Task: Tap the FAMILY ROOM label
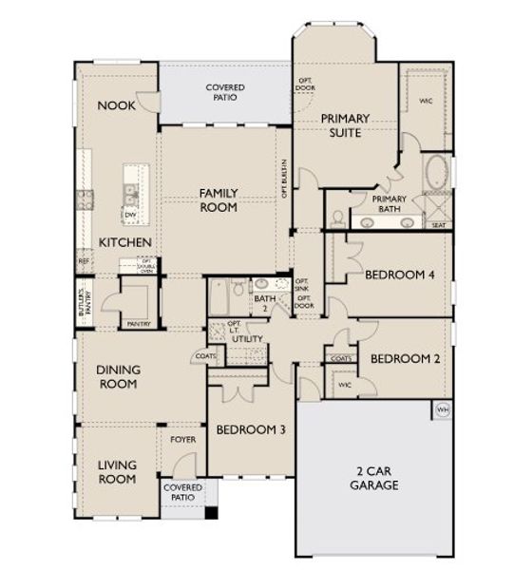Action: (218, 199)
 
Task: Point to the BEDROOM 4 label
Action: (400, 275)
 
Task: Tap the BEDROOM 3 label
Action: (250, 429)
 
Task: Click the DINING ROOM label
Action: (117, 377)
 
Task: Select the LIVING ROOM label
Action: (117, 471)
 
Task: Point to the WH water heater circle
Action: (442, 409)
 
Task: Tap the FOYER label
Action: (182, 440)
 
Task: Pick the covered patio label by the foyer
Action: (182, 492)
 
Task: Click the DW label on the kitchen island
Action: (127, 215)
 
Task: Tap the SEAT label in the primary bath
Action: (439, 225)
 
